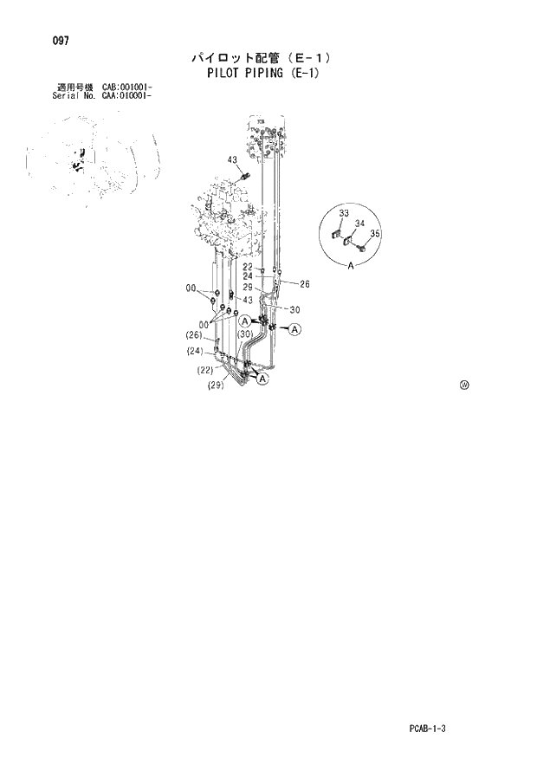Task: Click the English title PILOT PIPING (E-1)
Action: (x=262, y=73)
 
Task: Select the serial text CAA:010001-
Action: (x=127, y=94)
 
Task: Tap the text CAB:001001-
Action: (x=127, y=87)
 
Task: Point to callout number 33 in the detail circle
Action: (x=344, y=213)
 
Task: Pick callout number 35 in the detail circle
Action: (x=375, y=234)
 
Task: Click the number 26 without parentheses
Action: (x=304, y=283)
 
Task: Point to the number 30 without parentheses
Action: (x=294, y=309)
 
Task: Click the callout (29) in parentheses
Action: (x=217, y=386)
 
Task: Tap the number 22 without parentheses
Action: (x=248, y=268)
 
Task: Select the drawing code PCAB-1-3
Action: (x=428, y=729)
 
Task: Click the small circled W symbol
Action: (x=464, y=385)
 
